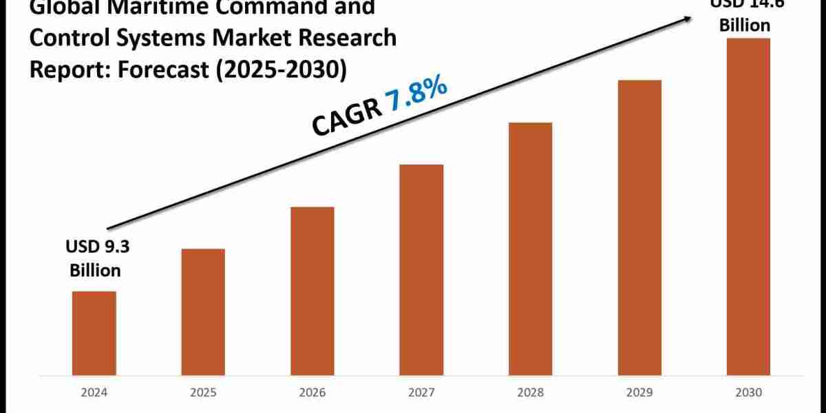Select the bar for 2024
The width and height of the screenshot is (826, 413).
coord(94,333)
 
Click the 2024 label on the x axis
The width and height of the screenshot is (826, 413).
coord(94,394)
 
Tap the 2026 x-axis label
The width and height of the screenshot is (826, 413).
coord(312,394)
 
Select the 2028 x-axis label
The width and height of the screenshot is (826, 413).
coord(530,394)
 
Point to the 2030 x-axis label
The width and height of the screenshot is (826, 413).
coord(748,394)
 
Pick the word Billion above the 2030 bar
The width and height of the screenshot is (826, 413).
coord(745,25)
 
